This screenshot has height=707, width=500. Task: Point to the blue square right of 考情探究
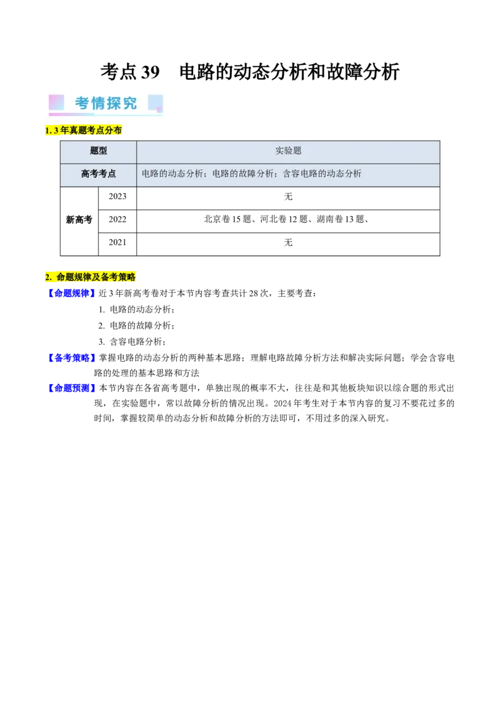coord(155,102)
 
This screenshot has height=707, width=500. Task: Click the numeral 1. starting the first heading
coord(48,131)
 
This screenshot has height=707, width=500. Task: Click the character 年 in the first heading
coord(64,131)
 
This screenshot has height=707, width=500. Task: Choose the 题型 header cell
coord(98,151)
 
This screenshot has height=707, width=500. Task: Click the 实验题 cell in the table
coord(288,151)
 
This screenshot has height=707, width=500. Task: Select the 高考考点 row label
coord(98,174)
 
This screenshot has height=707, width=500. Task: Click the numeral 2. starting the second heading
coord(48,277)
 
